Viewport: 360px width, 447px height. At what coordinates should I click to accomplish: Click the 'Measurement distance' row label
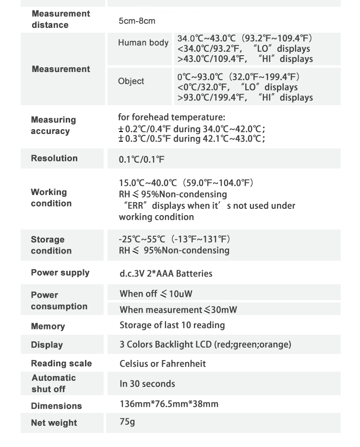pos(60,19)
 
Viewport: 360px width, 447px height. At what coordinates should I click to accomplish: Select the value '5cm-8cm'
pos(137,21)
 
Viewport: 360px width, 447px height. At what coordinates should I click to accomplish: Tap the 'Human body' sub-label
pos(143,43)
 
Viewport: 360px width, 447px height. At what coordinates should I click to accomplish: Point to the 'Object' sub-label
pos(131,81)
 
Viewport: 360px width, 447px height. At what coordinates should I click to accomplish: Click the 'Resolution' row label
pos(54,158)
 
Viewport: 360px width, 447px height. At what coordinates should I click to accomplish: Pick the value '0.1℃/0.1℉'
pos(142,159)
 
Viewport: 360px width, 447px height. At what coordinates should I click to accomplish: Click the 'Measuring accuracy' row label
pos(53,125)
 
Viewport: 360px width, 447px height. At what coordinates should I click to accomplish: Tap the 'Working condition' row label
pos(51,198)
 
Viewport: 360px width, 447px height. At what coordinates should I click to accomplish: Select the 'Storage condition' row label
pos(51,245)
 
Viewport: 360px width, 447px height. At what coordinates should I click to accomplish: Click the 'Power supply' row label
pos(60,273)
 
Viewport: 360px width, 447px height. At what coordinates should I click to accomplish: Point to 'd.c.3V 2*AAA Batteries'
pos(166,274)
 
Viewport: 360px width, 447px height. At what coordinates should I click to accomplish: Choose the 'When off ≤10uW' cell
pos(156,293)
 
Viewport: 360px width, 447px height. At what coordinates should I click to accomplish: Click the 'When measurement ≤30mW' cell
pos(178,310)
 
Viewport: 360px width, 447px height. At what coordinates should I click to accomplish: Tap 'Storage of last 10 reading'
pos(172,325)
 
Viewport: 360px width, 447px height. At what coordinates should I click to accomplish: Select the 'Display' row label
pos(47,345)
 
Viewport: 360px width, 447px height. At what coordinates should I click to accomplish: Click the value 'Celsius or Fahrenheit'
pos(163,363)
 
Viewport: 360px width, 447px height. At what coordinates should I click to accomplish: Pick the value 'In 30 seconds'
pos(147,384)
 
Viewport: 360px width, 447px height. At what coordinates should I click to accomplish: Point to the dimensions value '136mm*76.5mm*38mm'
pos(169,404)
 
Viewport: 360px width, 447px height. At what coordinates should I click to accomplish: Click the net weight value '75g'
pos(127,422)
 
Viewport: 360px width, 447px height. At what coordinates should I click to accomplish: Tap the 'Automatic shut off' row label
pos(53,383)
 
